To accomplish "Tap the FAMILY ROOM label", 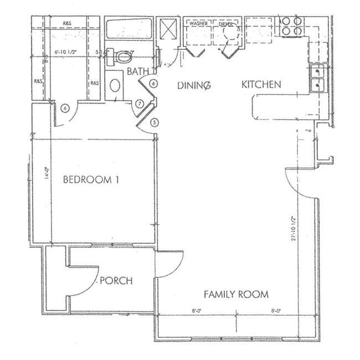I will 236,294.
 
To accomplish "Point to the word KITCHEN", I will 261,85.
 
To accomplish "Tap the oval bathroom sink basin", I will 115,86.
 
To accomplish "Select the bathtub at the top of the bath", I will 128,29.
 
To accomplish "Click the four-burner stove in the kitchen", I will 292,26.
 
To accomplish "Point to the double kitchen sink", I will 317,78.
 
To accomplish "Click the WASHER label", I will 198,24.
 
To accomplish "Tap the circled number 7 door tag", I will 140,104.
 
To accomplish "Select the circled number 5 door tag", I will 154,122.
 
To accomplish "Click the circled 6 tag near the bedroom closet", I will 65,109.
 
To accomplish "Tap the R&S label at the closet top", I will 67,23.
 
